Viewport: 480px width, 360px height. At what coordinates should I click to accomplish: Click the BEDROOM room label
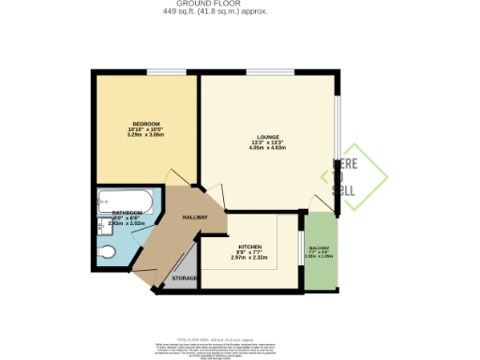pyautogui.click(x=145, y=125)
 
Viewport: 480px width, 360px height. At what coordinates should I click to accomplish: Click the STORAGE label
pyautogui.click(x=185, y=279)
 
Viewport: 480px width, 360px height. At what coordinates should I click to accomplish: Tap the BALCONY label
pyautogui.click(x=320, y=247)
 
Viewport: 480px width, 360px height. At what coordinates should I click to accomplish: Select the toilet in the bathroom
pyautogui.click(x=107, y=250)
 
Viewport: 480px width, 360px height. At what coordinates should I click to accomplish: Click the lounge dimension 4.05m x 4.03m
pyautogui.click(x=268, y=148)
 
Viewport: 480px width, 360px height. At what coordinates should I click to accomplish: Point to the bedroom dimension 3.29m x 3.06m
pyautogui.click(x=145, y=136)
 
